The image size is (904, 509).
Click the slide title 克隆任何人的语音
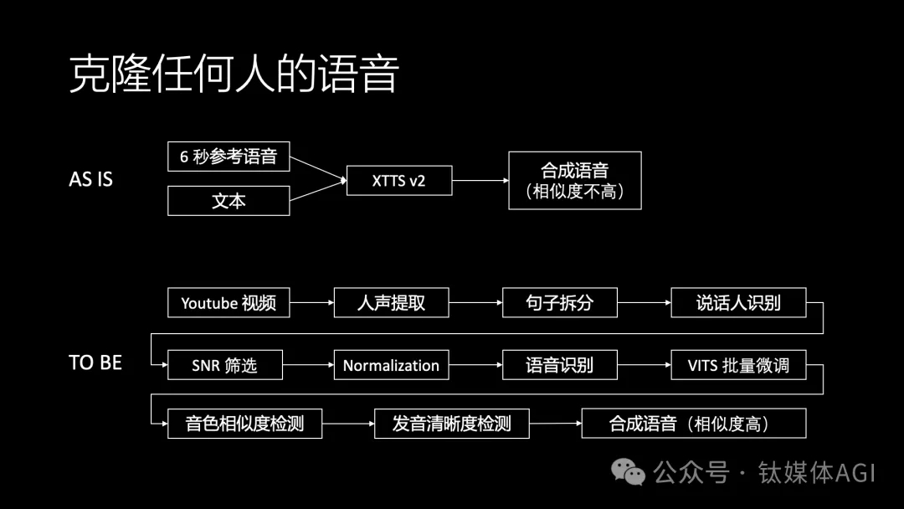(233, 75)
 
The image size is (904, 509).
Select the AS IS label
(90, 179)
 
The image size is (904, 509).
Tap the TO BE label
(95, 362)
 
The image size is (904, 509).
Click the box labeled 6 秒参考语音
(229, 157)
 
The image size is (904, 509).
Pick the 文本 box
(229, 201)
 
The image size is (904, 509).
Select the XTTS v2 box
(399, 180)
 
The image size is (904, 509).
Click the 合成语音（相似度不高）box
(575, 180)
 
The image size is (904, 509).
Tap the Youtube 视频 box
(229, 302)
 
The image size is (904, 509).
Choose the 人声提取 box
(392, 302)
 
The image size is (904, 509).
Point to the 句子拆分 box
(560, 302)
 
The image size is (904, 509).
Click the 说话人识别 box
(738, 302)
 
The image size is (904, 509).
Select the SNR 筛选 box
(224, 365)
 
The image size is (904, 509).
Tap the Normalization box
(391, 365)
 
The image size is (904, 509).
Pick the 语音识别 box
(560, 365)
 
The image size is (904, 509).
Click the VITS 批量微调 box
(738, 365)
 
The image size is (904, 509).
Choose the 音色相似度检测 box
(244, 423)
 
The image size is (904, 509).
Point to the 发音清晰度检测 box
(451, 423)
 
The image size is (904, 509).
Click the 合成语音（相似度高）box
(693, 423)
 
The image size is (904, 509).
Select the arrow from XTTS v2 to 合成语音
(480, 180)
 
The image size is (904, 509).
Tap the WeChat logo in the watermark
(629, 472)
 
